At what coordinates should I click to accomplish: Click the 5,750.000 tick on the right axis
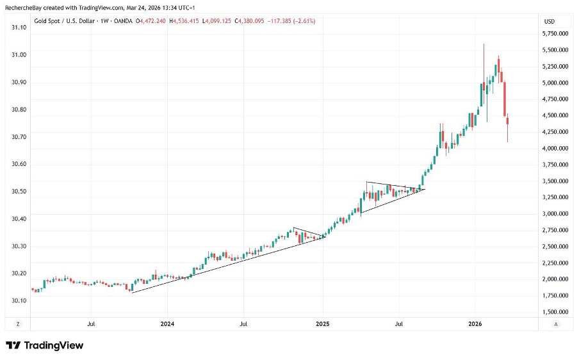(x=555, y=33)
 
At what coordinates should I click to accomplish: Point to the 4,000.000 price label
(x=555, y=148)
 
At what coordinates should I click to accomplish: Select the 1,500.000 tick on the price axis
(x=555, y=312)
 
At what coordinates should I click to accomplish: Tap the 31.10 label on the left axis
(x=19, y=28)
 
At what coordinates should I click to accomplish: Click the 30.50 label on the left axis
(x=19, y=192)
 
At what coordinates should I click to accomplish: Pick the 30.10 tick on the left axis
(x=19, y=300)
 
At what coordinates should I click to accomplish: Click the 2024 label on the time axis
(x=167, y=324)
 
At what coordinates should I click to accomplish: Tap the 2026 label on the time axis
(x=475, y=324)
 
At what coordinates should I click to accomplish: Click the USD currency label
(x=549, y=21)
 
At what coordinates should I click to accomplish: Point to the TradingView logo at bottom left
(x=45, y=346)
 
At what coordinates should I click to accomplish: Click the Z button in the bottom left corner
(x=18, y=324)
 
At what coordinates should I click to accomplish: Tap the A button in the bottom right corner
(x=556, y=324)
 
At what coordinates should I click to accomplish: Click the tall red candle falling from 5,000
(x=505, y=99)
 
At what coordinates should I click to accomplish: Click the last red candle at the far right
(x=508, y=122)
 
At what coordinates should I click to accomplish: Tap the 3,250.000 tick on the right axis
(x=555, y=197)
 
